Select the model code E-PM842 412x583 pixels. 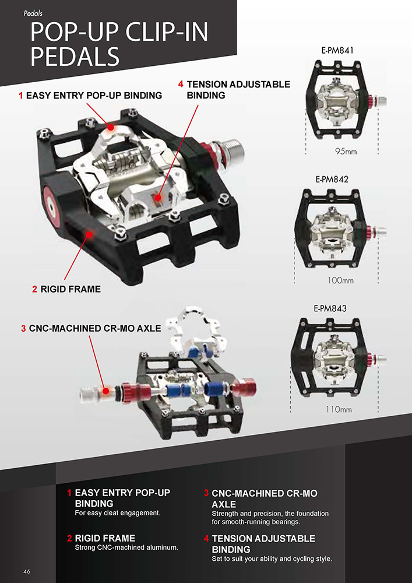[x=332, y=179]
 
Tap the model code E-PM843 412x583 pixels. [x=330, y=308]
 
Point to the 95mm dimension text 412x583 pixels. [x=346, y=152]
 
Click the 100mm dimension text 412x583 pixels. [x=340, y=280]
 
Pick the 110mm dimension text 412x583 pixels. [x=339, y=410]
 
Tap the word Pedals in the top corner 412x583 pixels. [x=33, y=14]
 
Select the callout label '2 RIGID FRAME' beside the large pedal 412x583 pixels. [x=66, y=289]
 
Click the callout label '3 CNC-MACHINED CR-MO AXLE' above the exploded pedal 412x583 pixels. [x=91, y=328]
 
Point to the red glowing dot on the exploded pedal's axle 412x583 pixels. [x=106, y=391]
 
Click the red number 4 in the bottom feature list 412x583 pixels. [x=206, y=539]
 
